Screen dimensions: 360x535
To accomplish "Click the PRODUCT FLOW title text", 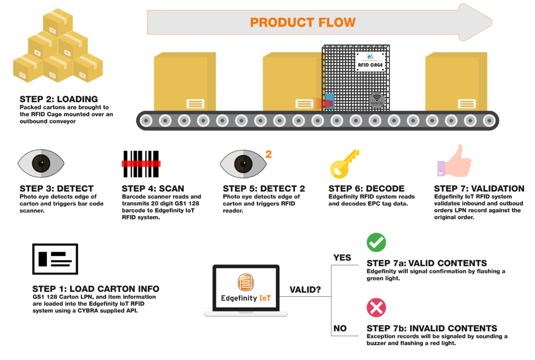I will [x=303, y=22].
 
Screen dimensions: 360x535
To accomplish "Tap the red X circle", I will [x=376, y=307].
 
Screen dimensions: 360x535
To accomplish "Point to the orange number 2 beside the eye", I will [x=269, y=154].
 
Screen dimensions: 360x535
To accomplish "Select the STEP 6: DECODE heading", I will [x=366, y=189].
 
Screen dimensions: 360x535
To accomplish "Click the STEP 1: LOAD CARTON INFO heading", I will [x=96, y=289].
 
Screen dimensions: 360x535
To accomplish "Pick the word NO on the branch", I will [x=341, y=329].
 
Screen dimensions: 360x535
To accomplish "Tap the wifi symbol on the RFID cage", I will [x=377, y=99].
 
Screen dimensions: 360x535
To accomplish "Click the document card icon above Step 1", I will [x=55, y=259].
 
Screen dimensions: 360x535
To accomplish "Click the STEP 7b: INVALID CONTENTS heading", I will [x=432, y=328].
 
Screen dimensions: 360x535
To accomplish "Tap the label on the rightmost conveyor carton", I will [x=467, y=103].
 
